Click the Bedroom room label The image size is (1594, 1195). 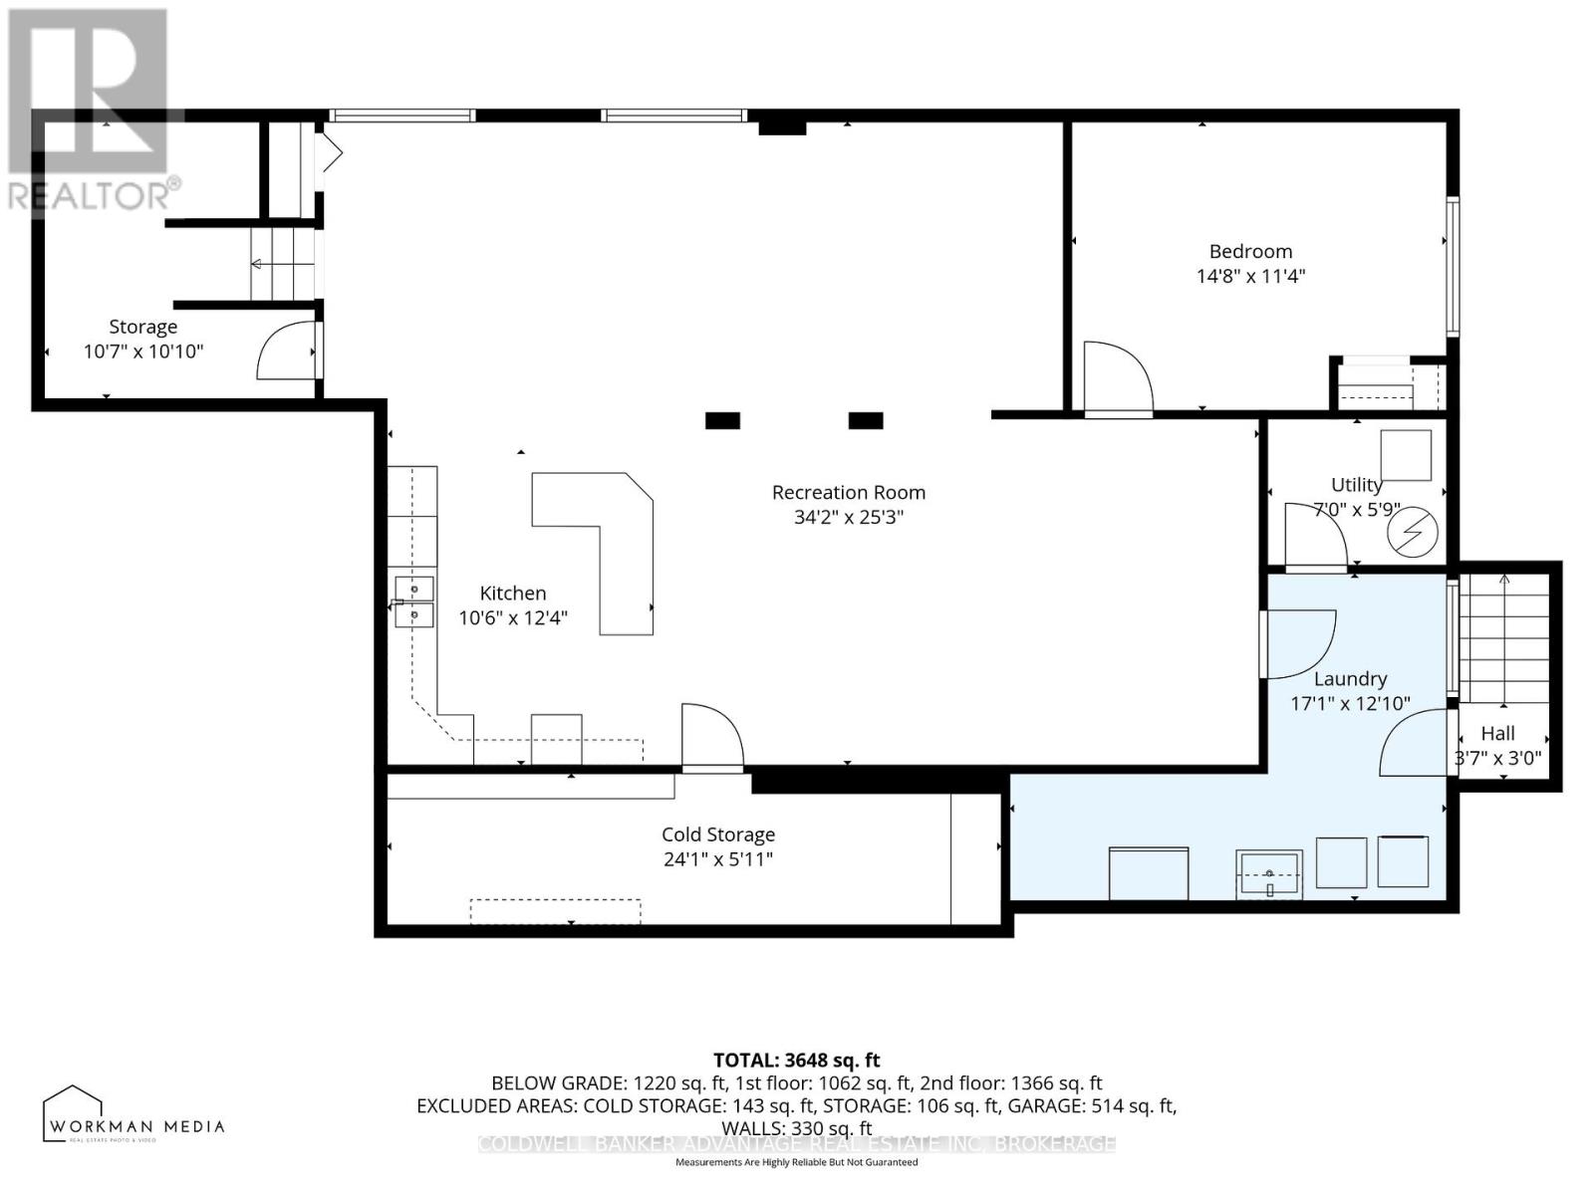[1250, 252]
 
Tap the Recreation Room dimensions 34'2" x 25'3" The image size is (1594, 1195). [848, 517]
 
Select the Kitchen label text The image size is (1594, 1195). [513, 593]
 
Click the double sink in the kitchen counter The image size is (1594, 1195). [413, 601]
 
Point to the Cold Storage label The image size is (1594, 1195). [718, 835]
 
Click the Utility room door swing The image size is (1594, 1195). [1313, 536]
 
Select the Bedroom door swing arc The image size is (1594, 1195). [1116, 378]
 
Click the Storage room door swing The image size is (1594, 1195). [287, 351]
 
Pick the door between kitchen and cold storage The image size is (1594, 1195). [711, 738]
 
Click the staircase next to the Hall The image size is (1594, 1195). [1503, 637]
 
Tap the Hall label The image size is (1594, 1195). [1497, 733]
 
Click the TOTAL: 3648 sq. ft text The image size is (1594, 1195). [796, 1061]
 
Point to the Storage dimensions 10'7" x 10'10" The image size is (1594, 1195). [143, 352]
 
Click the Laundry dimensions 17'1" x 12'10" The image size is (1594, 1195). [1350, 703]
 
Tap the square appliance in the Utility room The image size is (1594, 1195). [1405, 456]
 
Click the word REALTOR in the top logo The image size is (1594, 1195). [90, 196]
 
